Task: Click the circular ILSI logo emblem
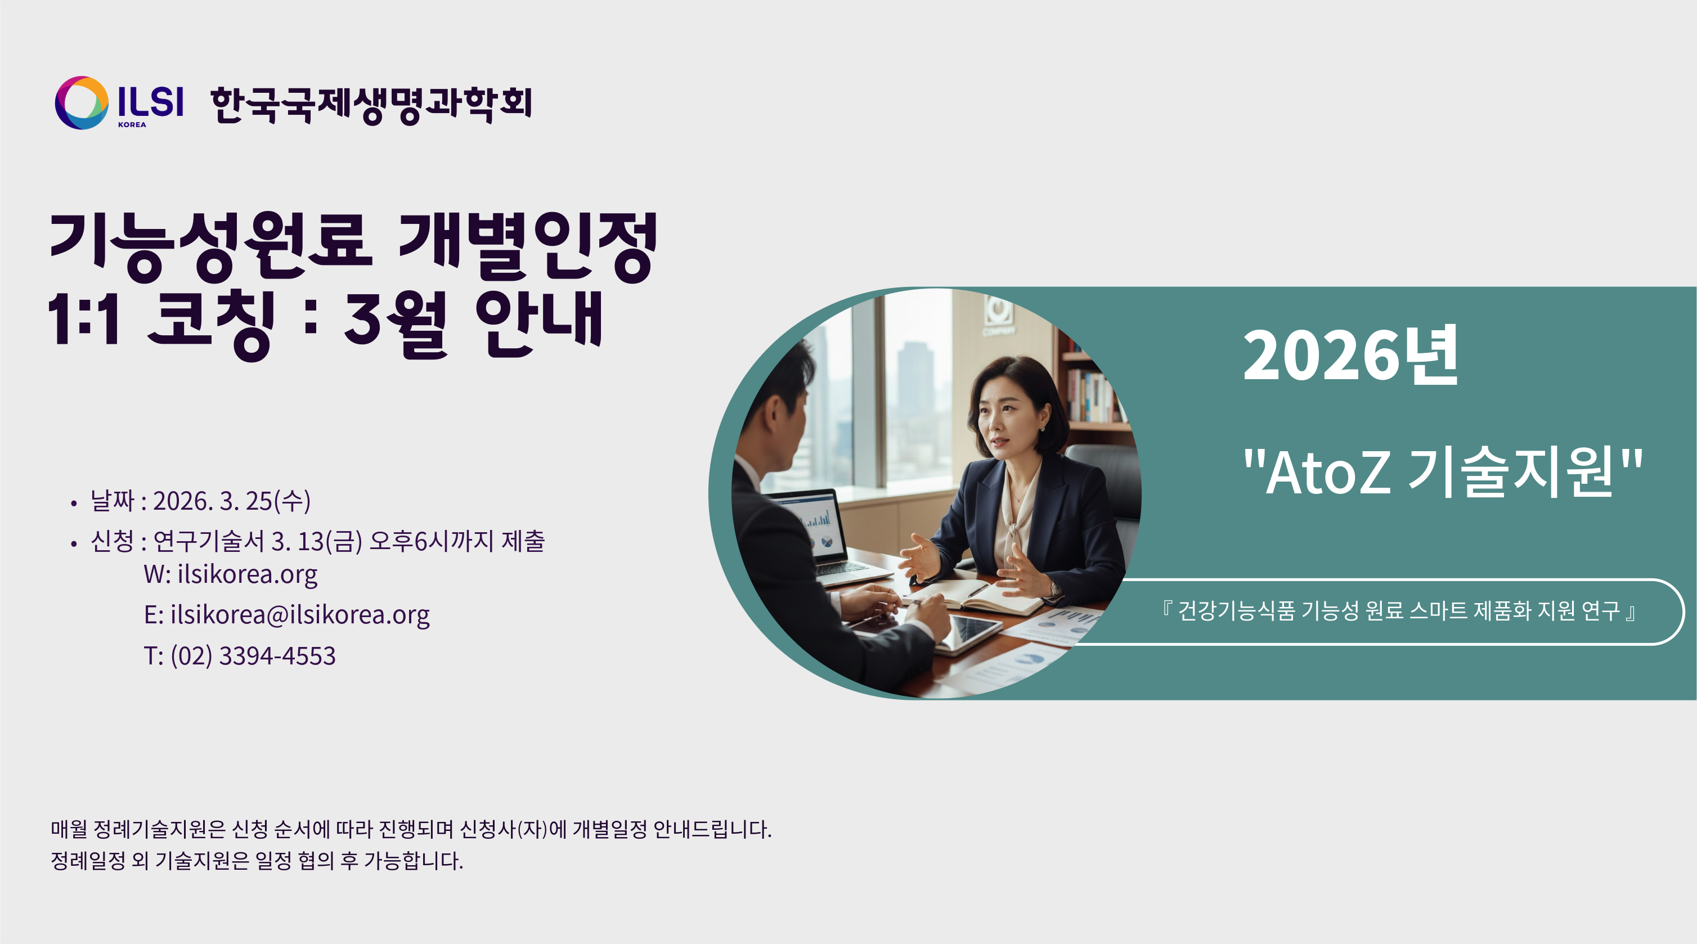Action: click(82, 103)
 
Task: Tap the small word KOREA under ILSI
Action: click(132, 124)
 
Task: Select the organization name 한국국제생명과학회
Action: click(371, 104)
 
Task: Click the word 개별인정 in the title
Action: click(528, 246)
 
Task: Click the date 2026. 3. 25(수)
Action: click(232, 501)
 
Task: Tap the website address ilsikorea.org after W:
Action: click(247, 574)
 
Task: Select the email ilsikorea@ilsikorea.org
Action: click(300, 615)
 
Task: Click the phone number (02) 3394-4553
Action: click(253, 656)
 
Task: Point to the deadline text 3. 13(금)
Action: click(317, 542)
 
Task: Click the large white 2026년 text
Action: click(1350, 356)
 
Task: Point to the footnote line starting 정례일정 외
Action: click(257, 861)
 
